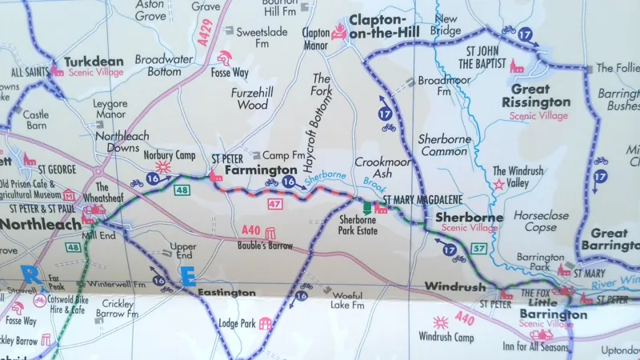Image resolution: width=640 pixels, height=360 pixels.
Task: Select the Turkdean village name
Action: pos(94,61)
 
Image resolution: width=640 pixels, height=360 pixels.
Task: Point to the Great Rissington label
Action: pos(536,95)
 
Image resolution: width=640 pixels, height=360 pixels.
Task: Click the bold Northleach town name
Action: pos(40,224)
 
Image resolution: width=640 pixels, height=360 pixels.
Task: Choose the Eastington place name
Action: pos(228,293)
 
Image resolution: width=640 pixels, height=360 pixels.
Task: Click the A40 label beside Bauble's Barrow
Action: pos(250,230)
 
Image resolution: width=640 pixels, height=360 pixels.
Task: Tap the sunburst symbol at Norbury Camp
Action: pos(163,167)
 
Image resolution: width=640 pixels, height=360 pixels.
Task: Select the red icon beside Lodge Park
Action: pos(265,323)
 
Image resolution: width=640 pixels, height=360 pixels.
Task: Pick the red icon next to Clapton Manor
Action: pos(338,33)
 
